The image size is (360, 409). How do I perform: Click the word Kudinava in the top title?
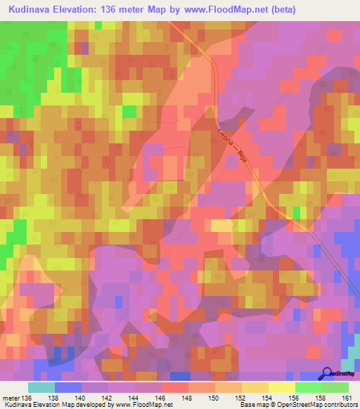click(x=32, y=10)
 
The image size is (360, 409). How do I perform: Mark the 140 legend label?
click(x=82, y=398)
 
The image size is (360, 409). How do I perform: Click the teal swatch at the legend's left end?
click(x=41, y=387)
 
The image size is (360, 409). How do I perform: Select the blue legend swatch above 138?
click(x=67, y=387)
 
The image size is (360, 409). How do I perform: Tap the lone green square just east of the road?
click(x=297, y=212)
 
